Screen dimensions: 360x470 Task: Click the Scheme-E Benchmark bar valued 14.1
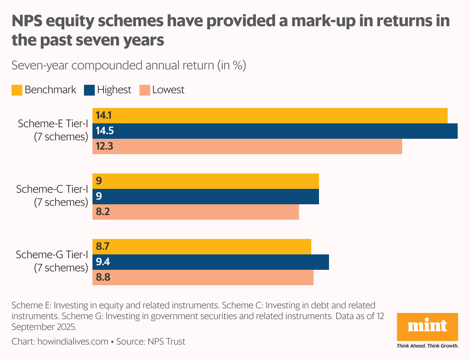(x=270, y=116)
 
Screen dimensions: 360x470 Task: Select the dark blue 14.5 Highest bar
(x=275, y=131)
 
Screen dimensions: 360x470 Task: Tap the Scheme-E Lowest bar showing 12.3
(x=247, y=146)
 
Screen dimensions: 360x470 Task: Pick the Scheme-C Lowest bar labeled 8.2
(x=196, y=212)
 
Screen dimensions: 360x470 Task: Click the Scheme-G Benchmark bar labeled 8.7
(x=202, y=247)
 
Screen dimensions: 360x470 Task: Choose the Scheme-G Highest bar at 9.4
(x=211, y=262)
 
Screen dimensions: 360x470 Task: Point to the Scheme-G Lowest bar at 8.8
(x=203, y=278)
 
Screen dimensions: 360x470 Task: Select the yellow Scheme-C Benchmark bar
(x=206, y=181)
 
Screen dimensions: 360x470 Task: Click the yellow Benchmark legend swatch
(x=17, y=90)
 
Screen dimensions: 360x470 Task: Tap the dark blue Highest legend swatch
(x=89, y=90)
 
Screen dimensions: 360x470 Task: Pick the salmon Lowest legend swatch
(x=144, y=90)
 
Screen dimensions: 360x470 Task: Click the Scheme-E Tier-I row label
(x=53, y=130)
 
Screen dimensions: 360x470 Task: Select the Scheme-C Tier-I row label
(x=52, y=196)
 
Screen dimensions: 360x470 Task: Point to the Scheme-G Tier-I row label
(x=52, y=261)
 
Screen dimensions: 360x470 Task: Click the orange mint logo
(x=427, y=327)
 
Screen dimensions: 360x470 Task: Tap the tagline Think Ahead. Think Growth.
(x=427, y=346)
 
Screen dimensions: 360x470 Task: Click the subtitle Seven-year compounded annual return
(x=128, y=65)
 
